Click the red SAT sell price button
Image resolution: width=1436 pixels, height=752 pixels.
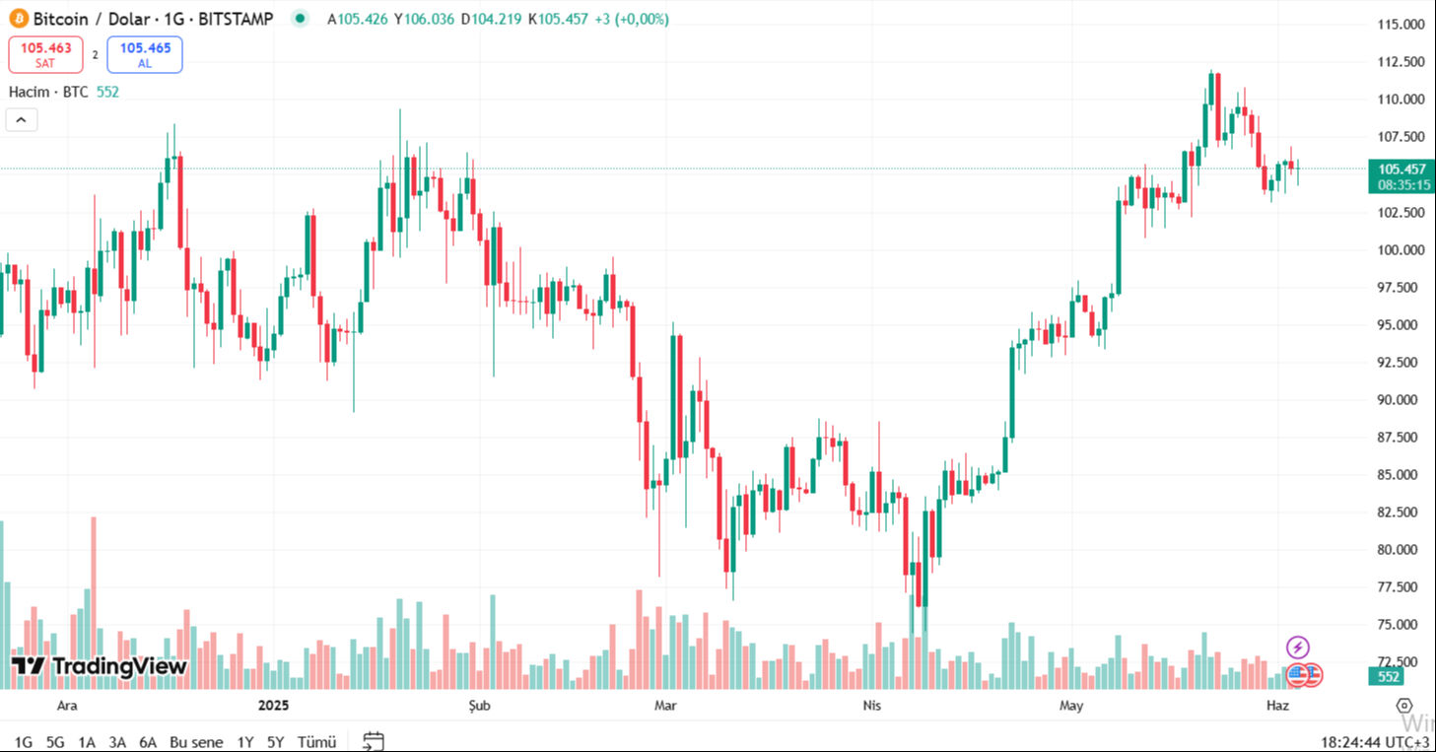[x=45, y=54]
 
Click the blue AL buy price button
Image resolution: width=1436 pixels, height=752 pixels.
[x=145, y=54]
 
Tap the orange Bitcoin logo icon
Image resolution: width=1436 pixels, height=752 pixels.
[x=19, y=19]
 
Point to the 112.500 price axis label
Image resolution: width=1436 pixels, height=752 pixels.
[x=1401, y=62]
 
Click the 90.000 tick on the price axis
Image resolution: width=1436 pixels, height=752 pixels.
[x=1401, y=400]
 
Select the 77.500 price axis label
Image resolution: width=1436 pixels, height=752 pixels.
[x=1401, y=587]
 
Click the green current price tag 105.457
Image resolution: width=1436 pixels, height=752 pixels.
[x=1401, y=169]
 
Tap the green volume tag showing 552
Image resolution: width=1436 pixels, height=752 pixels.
[x=1389, y=677]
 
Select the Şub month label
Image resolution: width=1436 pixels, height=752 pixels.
[x=477, y=706]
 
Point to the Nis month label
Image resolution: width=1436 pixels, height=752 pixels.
[x=871, y=706]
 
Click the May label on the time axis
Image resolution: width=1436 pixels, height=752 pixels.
[x=1071, y=706]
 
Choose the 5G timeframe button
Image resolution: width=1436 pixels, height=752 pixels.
[x=55, y=742]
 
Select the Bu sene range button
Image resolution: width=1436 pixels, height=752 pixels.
[x=196, y=742]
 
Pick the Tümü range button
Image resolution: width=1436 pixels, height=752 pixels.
[x=316, y=742]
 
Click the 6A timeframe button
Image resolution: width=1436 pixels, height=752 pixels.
[x=148, y=742]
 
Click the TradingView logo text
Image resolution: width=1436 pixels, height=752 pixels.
[x=100, y=666]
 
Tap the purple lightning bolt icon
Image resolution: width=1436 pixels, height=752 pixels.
[x=1298, y=648]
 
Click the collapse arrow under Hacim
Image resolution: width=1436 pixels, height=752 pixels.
[x=22, y=120]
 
